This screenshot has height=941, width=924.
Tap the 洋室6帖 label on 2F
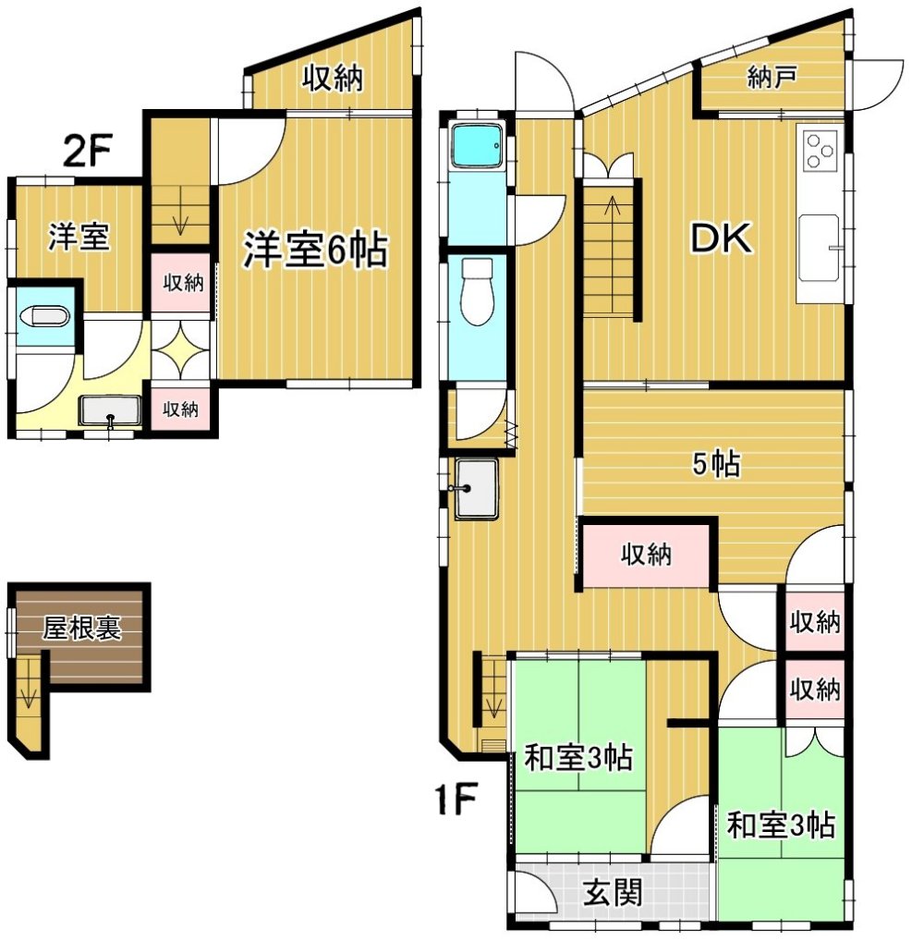315,250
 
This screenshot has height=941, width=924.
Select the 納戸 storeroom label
772,78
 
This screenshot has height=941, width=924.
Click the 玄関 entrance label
614,892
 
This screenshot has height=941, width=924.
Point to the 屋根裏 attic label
81,628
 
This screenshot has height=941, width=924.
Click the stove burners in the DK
820,150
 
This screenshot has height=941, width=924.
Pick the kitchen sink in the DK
820,247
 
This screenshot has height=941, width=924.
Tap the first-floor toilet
477,292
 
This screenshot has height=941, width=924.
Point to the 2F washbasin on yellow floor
110,411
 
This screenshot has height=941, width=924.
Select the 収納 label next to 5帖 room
646,555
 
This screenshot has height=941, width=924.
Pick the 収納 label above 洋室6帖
333,78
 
